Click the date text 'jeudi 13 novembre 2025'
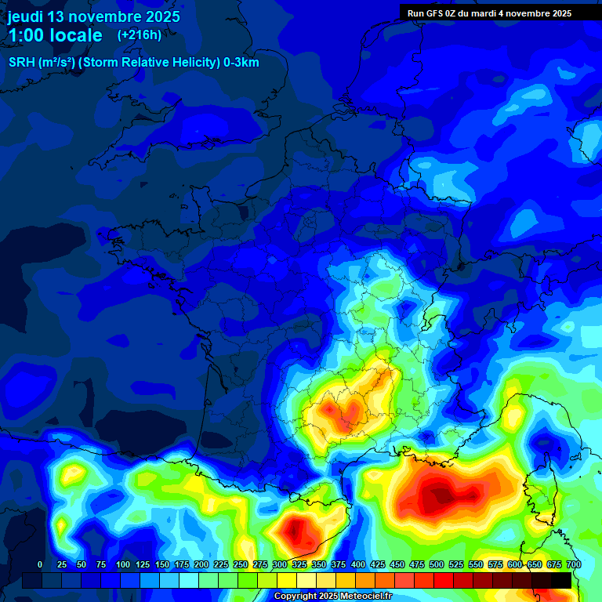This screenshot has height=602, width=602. (x=93, y=16)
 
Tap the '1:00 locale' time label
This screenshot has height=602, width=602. (x=55, y=35)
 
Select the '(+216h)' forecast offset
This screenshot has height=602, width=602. (x=139, y=35)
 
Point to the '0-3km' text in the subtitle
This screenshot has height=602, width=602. (x=241, y=63)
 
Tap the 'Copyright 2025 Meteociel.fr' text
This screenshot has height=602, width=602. (x=332, y=597)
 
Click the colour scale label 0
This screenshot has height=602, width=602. (x=40, y=564)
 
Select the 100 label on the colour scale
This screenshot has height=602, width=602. (x=123, y=564)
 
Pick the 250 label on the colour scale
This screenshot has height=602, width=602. (x=241, y=564)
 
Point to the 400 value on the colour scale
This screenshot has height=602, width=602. (x=358, y=564)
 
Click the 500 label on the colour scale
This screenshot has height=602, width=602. (x=437, y=564)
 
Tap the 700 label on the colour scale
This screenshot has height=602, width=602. (x=573, y=564)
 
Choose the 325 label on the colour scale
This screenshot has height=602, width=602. (x=299, y=564)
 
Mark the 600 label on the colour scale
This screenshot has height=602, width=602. (x=515, y=564)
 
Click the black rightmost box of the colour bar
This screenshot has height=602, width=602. (x=561, y=580)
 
